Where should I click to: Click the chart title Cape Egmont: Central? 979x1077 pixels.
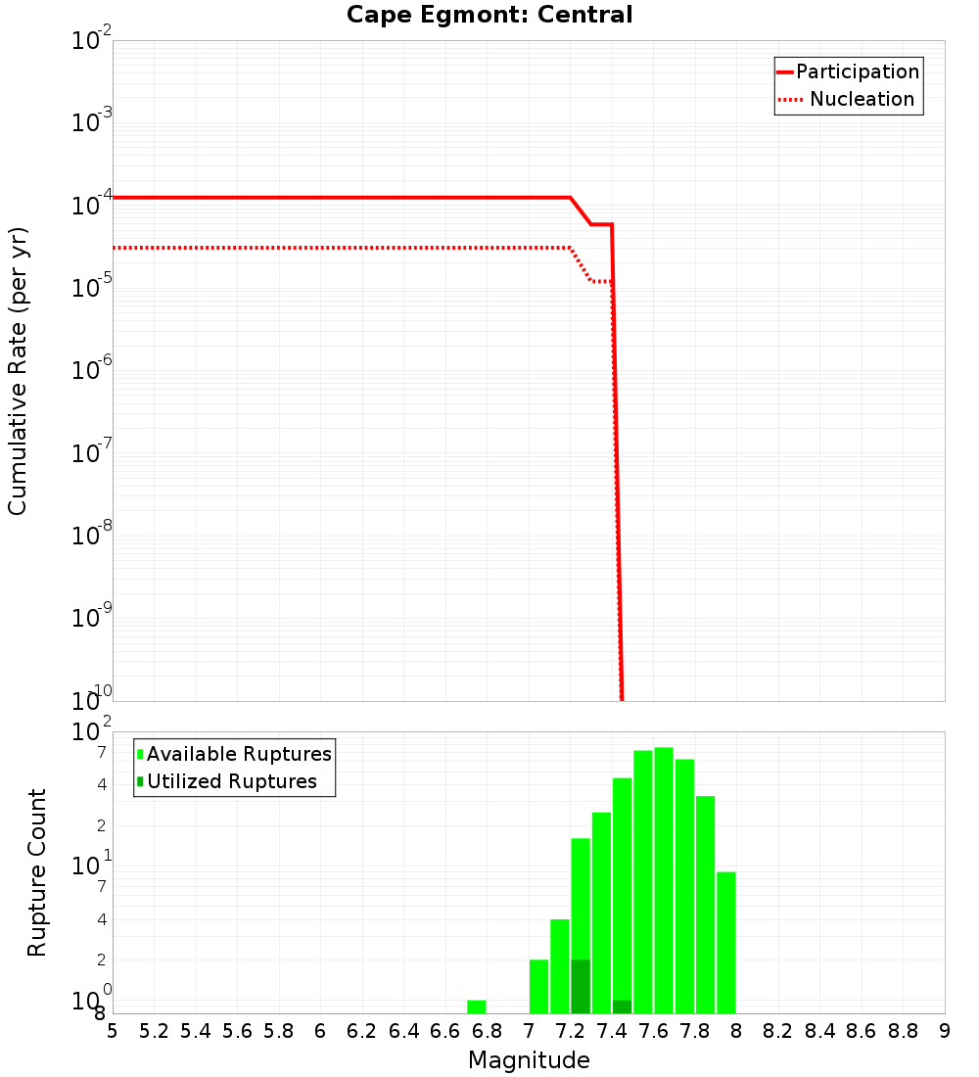(489, 15)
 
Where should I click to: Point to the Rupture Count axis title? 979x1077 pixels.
(37, 871)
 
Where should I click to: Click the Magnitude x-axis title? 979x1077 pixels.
(529, 1059)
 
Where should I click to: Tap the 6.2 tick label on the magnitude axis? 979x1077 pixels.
(362, 1031)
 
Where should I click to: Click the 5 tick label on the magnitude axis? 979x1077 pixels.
(113, 1031)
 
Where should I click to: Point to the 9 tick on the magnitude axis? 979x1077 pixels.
(945, 1031)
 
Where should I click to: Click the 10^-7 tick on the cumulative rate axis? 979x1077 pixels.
(92, 453)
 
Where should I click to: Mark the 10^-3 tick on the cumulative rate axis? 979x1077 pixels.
(92, 122)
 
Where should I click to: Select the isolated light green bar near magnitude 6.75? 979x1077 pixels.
(477, 1007)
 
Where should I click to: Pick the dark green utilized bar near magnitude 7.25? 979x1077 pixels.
(581, 987)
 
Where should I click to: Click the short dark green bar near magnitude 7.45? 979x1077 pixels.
(622, 1007)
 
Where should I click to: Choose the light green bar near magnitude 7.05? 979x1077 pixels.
(538, 986)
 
